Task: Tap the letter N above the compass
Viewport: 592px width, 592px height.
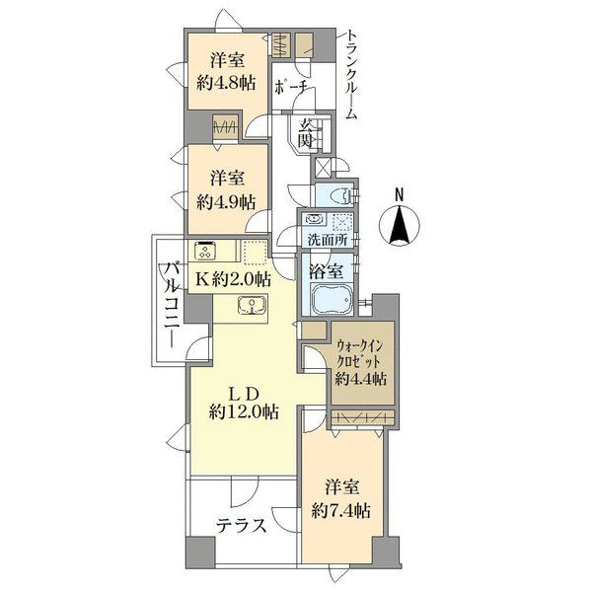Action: [x=399, y=195]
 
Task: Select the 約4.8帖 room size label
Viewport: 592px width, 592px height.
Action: [x=226, y=83]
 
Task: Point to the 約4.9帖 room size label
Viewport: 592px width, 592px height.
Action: [x=226, y=202]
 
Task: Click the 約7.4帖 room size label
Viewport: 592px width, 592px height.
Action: [x=341, y=511]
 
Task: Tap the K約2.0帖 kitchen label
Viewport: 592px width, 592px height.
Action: [x=233, y=280]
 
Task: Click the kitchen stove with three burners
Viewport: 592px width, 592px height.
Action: [x=206, y=251]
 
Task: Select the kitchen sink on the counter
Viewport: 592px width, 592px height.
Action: [x=252, y=305]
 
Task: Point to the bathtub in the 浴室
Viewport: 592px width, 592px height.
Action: [x=332, y=298]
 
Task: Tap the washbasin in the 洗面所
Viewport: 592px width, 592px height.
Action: [x=314, y=219]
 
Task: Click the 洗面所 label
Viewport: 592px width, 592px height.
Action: [x=327, y=241]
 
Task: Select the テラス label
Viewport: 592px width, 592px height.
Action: [x=242, y=525]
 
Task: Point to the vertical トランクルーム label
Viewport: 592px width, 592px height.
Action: [x=351, y=76]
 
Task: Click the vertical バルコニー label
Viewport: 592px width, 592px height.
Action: [x=174, y=305]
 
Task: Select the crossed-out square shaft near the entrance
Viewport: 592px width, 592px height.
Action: [x=322, y=167]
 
